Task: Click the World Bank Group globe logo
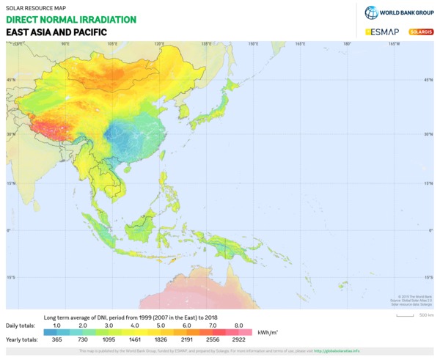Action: click(x=371, y=12)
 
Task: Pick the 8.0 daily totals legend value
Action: click(x=238, y=324)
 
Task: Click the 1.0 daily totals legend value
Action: click(x=56, y=324)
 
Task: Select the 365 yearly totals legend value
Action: click(x=56, y=341)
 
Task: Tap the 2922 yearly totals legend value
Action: click(x=238, y=341)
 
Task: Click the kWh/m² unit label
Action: click(x=267, y=332)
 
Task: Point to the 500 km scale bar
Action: click(x=406, y=315)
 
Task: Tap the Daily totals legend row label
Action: click(x=21, y=324)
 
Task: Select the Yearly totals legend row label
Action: click(x=21, y=341)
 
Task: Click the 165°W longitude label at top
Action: click(x=394, y=44)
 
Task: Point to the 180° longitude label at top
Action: click(x=347, y=44)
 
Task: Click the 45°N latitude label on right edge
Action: click(x=428, y=79)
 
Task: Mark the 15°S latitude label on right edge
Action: click(x=428, y=277)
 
